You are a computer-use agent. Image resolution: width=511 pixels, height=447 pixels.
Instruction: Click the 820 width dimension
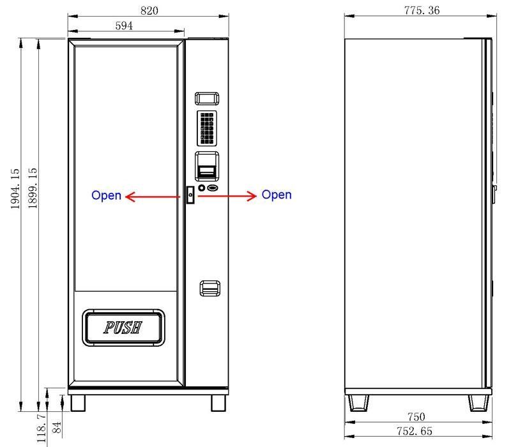[149, 10]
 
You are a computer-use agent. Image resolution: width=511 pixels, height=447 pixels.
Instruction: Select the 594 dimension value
[124, 26]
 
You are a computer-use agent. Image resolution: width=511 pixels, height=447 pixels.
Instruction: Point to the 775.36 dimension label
[422, 10]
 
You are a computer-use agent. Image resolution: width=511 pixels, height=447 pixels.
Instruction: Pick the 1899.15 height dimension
[32, 188]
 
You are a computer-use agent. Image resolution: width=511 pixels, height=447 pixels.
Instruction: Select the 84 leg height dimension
[56, 427]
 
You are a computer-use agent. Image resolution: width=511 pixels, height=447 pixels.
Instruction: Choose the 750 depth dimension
[416, 418]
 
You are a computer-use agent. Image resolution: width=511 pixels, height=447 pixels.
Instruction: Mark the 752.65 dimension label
[415, 432]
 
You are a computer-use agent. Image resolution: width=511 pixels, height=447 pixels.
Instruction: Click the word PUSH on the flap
[123, 328]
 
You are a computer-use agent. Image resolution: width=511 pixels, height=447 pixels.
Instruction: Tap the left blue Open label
[106, 195]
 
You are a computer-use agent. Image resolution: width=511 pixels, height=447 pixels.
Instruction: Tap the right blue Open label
[277, 195]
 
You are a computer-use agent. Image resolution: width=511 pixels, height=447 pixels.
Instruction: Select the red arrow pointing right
[226, 195]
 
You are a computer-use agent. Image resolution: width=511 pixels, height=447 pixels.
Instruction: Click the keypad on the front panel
[207, 127]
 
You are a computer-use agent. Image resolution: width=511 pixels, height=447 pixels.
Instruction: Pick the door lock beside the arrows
[190, 194]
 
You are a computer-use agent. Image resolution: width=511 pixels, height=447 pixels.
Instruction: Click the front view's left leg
[77, 402]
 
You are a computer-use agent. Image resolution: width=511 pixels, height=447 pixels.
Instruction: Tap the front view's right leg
[219, 402]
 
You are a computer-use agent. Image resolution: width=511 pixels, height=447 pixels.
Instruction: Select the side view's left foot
[358, 403]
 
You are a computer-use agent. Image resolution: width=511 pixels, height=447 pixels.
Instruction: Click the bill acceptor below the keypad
[207, 167]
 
